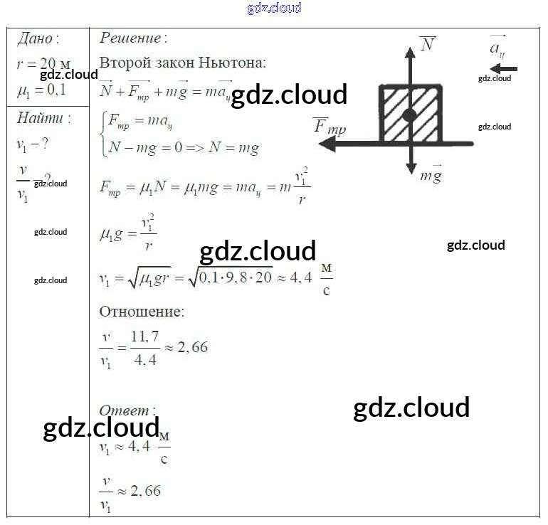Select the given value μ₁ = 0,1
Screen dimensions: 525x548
click(x=41, y=90)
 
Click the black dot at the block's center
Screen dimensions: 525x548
click(x=409, y=115)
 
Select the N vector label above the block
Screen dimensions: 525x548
click(x=427, y=44)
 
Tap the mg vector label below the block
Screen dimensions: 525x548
click(x=431, y=174)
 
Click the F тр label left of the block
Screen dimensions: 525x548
click(x=330, y=127)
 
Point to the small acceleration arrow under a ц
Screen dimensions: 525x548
click(x=504, y=69)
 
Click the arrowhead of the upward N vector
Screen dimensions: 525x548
click(x=410, y=51)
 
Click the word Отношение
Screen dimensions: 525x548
click(x=141, y=312)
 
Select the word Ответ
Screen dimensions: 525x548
click(x=125, y=410)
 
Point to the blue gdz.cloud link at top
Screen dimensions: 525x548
click(x=274, y=8)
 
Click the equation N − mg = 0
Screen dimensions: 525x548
click(x=146, y=148)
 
